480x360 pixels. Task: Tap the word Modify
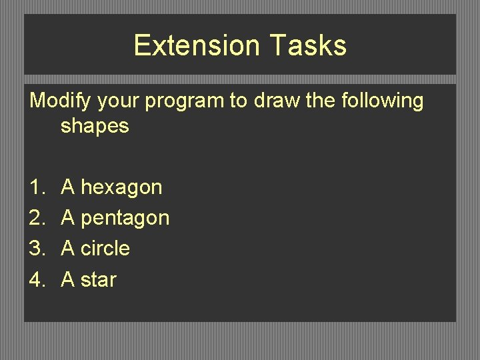[x=61, y=101]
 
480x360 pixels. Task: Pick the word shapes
[x=94, y=125]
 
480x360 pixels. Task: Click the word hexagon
[x=121, y=187]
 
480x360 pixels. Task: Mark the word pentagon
[x=125, y=218]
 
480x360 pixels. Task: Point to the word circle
[x=105, y=249]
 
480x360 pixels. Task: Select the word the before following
[x=323, y=101]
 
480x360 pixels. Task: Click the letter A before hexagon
[x=68, y=187]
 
